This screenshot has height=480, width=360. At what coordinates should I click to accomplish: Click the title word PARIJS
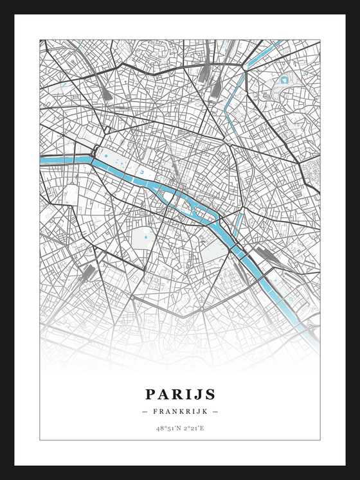point(180,394)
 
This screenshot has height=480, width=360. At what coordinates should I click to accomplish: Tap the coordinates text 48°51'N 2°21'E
point(180,427)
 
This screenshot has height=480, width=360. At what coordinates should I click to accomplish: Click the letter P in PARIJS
point(150,394)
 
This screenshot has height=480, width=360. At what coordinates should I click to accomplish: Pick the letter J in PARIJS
point(198,394)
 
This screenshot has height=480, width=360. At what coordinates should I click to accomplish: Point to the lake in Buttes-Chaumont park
point(283,81)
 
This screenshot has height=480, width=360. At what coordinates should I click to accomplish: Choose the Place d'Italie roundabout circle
point(202,308)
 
